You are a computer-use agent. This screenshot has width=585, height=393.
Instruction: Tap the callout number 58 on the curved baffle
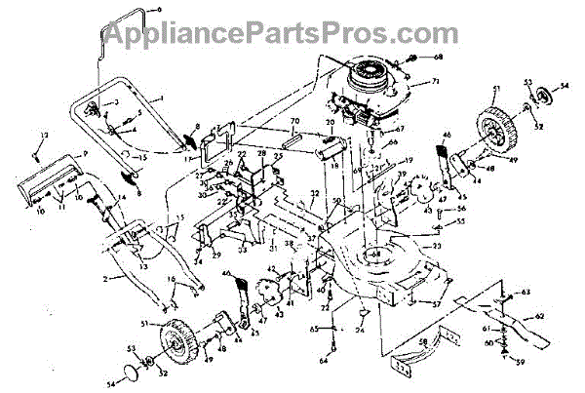423,339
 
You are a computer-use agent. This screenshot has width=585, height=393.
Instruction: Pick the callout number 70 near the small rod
292,123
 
